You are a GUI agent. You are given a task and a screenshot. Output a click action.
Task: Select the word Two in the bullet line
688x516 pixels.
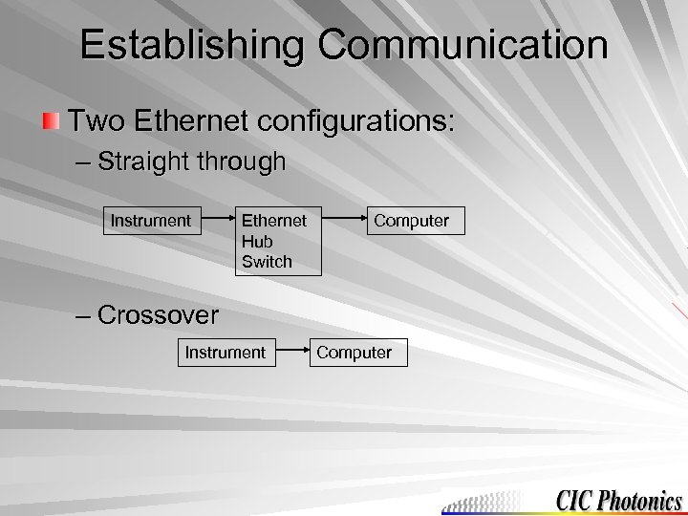coord(98,121)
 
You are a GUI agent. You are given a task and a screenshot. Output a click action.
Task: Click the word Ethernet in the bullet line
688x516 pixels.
coord(197,121)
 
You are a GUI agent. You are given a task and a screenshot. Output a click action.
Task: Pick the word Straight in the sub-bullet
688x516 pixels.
coord(144,161)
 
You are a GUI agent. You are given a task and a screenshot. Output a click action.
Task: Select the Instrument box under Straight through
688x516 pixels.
coord(151,221)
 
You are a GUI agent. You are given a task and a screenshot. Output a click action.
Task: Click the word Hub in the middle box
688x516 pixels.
coord(256,241)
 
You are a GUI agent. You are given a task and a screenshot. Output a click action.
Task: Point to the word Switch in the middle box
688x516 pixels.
coord(267,261)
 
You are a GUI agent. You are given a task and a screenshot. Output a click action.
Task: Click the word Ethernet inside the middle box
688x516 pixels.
coord(274,221)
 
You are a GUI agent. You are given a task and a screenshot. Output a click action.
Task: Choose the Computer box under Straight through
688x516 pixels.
coord(411,221)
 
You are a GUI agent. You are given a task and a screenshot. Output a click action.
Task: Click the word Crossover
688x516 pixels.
coord(158,314)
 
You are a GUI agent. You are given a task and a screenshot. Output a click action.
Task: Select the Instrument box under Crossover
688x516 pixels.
coord(226,353)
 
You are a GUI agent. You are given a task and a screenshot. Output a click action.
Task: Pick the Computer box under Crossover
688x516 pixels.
coord(355,353)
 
